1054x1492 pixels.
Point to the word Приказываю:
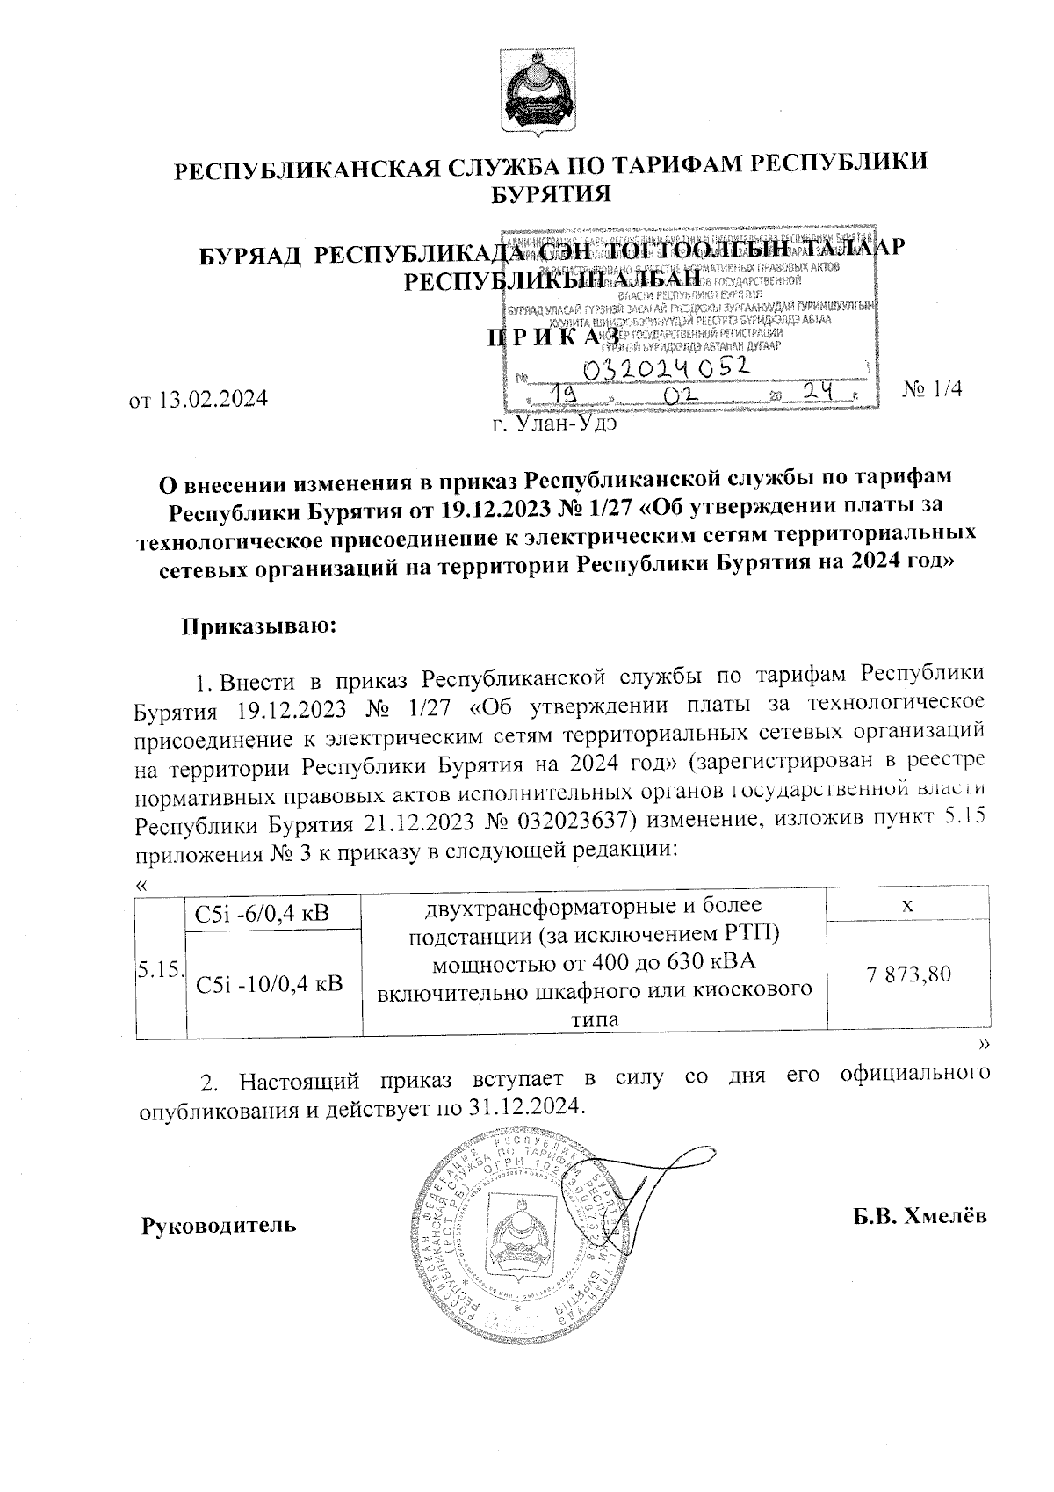[259, 626]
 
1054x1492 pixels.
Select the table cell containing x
[909, 904]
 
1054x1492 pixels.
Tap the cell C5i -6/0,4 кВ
[263, 913]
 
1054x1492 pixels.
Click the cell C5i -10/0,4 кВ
[270, 983]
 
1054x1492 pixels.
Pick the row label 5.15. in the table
[160, 968]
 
